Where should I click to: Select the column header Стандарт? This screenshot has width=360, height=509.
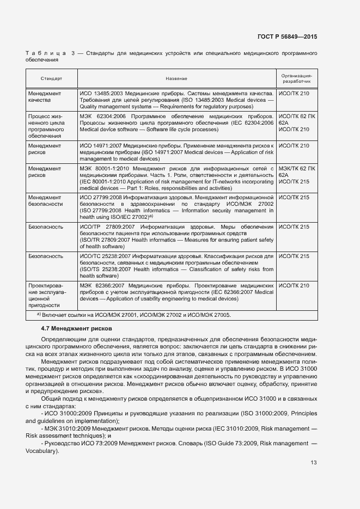pyautogui.click(x=51, y=79)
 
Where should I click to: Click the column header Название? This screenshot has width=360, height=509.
pyautogui.click(x=176, y=79)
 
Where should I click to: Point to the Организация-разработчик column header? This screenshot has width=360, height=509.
pyautogui.click(x=296, y=78)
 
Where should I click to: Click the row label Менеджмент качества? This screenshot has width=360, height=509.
pyautogui.click(x=45, y=97)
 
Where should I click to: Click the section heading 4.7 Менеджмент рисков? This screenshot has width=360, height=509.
pyautogui.click(x=76, y=329)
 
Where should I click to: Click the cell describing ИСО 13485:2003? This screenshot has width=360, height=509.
pyautogui.click(x=176, y=100)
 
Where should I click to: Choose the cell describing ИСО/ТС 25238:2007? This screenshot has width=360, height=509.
pyautogui.click(x=176, y=265)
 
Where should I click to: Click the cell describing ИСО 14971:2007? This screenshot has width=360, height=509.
pyautogui.click(x=176, y=152)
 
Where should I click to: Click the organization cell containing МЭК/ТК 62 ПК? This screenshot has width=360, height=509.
pyautogui.click(x=296, y=175)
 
